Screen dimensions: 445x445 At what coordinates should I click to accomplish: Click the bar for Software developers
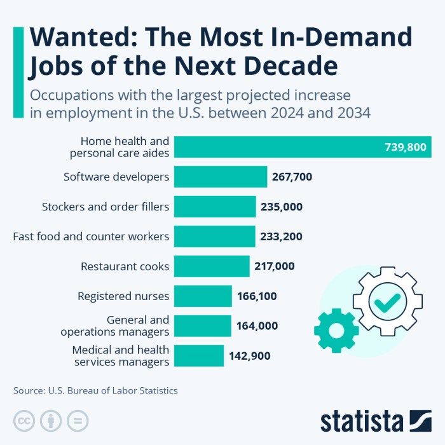click(220, 177)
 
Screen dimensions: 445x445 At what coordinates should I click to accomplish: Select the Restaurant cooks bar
click(211, 266)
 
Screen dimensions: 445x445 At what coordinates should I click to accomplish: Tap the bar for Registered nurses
click(202, 296)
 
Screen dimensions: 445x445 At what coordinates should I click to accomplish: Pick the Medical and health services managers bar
click(198, 356)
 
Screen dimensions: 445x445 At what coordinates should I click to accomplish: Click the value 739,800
click(406, 147)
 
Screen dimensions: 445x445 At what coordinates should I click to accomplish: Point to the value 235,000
click(281, 207)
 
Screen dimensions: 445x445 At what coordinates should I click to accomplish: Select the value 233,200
click(281, 236)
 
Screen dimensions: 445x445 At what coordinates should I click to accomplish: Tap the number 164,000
click(257, 326)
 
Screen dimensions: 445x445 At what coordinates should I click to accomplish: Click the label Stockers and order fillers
click(106, 207)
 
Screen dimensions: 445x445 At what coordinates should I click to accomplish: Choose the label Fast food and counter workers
click(91, 236)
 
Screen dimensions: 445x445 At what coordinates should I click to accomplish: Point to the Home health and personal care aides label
click(119, 147)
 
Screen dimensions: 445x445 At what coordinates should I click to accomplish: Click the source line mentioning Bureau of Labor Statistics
click(95, 390)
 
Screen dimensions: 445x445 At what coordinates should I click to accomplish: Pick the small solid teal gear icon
click(336, 331)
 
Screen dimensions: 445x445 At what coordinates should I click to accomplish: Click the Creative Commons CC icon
click(24, 420)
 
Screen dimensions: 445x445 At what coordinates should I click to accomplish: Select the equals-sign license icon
click(78, 420)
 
